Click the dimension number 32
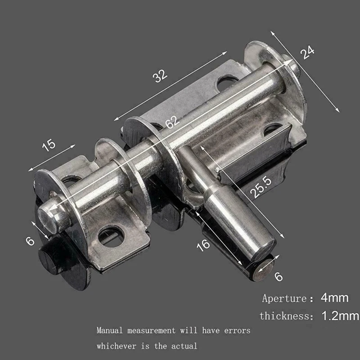click(x=160, y=76)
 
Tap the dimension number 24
click(x=307, y=53)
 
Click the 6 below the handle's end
click(x=279, y=276)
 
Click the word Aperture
click(x=283, y=298)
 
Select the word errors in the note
click(x=236, y=331)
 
